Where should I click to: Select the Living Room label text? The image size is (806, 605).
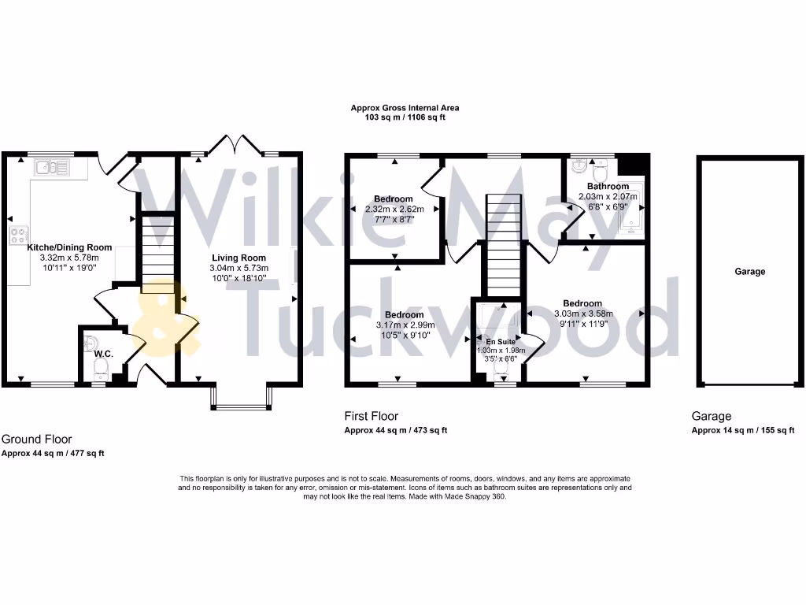point(238,258)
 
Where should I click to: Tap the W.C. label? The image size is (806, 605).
point(104,354)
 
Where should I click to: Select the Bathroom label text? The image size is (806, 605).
point(608,187)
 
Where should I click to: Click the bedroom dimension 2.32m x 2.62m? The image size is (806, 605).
point(394,210)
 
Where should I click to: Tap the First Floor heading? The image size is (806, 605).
point(372,416)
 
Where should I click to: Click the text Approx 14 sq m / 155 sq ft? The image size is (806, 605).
point(742,430)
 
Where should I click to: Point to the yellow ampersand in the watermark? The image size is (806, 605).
point(165,319)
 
